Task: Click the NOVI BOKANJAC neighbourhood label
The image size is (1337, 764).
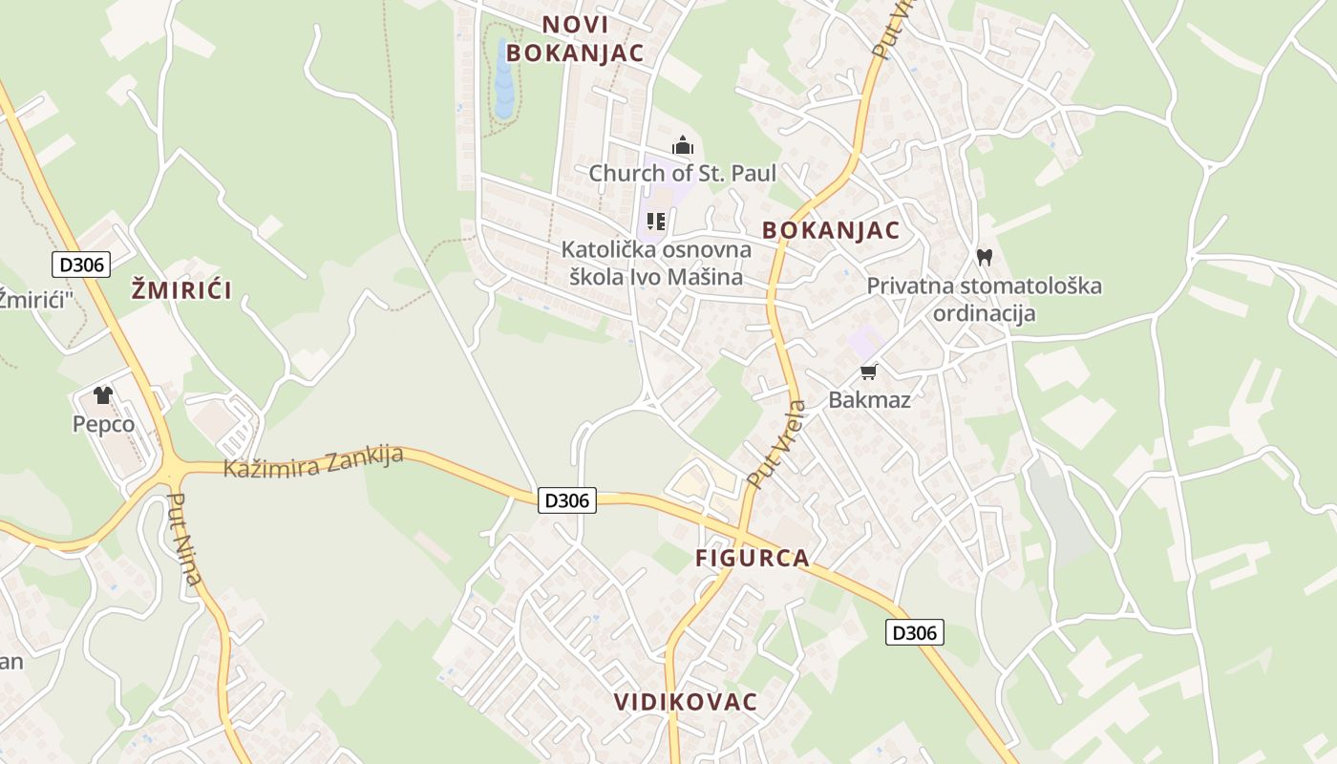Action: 575,38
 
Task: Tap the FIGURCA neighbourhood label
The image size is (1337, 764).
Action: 753,558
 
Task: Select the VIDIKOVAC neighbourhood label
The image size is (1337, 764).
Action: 686,702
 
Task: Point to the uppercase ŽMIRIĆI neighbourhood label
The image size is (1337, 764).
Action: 181,290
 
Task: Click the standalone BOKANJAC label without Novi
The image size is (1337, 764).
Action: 831,230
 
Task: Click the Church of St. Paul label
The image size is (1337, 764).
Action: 682,173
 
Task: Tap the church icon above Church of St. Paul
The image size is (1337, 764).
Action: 683,146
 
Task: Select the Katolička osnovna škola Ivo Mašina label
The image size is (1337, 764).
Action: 656,264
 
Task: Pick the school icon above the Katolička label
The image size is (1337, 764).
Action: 656,222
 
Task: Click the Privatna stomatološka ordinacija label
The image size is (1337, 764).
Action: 984,299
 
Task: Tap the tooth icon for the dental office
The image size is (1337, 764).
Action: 985,257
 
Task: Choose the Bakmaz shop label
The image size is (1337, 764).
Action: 869,399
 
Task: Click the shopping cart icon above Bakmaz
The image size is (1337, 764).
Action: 868,371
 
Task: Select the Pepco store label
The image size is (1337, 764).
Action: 103,423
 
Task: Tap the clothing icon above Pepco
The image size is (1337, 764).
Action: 103,395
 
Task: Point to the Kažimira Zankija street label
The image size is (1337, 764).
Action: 313,461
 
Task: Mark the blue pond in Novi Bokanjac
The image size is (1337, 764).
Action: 503,81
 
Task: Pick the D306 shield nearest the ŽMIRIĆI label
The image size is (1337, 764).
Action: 80,265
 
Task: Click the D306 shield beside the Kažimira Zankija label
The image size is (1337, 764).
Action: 567,499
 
